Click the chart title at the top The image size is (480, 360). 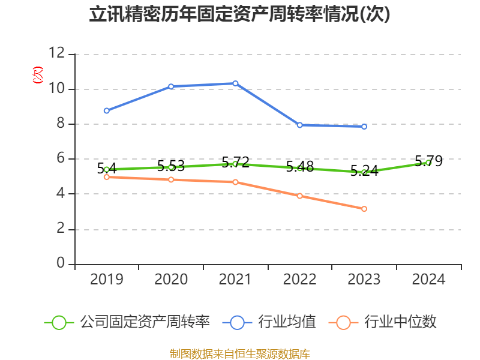click(x=239, y=14)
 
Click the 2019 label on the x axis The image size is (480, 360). click(x=107, y=279)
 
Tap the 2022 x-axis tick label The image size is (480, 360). click(x=300, y=279)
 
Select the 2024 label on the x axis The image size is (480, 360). click(x=428, y=279)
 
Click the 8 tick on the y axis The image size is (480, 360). click(x=60, y=124)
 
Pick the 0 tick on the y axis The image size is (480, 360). click(x=60, y=263)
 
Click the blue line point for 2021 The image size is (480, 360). click(x=235, y=83)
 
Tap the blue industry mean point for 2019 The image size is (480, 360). click(x=107, y=110)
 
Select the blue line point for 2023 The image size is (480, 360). click(x=364, y=127)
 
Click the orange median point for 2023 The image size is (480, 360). click(x=364, y=209)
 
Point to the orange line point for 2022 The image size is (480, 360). click(x=300, y=196)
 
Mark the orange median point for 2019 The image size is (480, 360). click(x=107, y=177)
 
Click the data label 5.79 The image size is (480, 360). click(x=428, y=161)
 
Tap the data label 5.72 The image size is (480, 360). click(x=235, y=162)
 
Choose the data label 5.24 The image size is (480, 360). click(x=364, y=170)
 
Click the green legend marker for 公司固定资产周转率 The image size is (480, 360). click(x=59, y=322)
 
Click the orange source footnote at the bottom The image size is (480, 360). click(x=239, y=353)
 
